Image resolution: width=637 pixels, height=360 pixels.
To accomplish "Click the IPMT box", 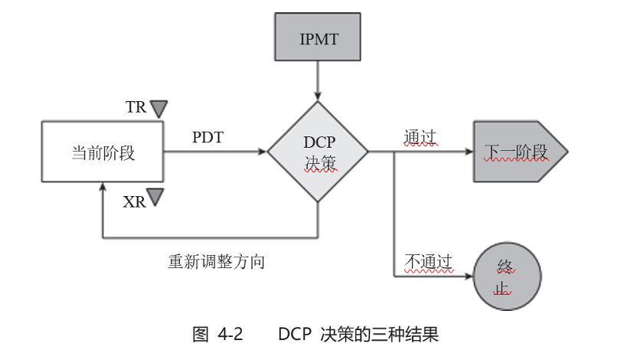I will pyautogui.click(x=317, y=36).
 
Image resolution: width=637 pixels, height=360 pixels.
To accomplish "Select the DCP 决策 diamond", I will pyautogui.click(x=318, y=152).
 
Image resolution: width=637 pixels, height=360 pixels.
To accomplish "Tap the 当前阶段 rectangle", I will pyautogui.click(x=103, y=152).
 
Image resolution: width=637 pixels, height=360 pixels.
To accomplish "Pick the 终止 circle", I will pyautogui.click(x=507, y=277).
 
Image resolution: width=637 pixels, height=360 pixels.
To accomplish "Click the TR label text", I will pyautogui.click(x=136, y=107).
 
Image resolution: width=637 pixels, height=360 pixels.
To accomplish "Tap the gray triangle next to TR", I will pyautogui.click(x=158, y=108).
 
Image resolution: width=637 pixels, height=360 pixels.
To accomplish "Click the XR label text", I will pyautogui.click(x=134, y=201).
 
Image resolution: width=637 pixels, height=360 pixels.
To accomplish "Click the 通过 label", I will pyautogui.click(x=420, y=137).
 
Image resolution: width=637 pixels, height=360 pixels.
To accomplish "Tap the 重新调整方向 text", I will pyautogui.click(x=217, y=261).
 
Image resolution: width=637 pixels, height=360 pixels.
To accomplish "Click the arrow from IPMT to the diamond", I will pyautogui.click(x=317, y=80).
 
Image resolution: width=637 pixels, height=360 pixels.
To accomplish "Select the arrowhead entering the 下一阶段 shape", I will pyautogui.click(x=468, y=152).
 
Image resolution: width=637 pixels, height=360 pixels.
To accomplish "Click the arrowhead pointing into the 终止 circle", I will pyautogui.click(x=468, y=277).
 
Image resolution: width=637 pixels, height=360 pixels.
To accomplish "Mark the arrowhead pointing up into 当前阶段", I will pyautogui.click(x=103, y=186).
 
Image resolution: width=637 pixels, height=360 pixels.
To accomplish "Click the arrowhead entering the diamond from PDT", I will pyautogui.click(x=262, y=152).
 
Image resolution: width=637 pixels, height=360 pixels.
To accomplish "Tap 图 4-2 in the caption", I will pyautogui.click(x=218, y=334).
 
